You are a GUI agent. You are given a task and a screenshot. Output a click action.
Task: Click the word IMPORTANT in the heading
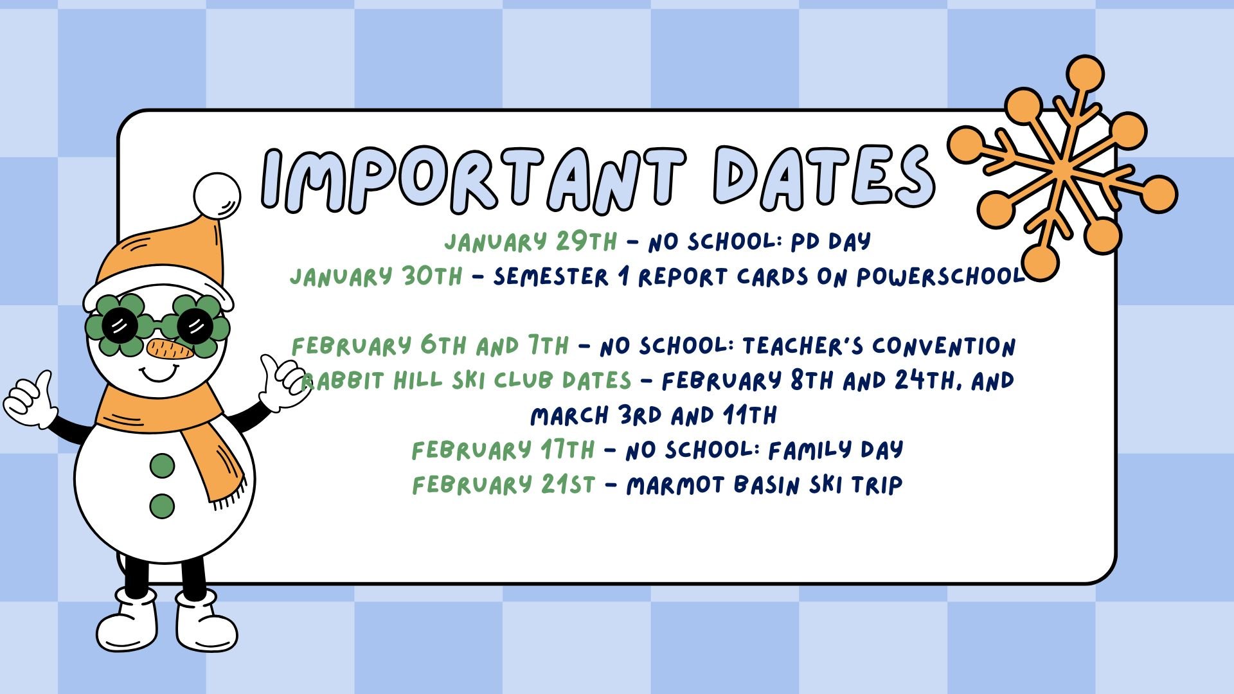[472, 179]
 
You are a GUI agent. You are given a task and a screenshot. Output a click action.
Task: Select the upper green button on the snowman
[162, 465]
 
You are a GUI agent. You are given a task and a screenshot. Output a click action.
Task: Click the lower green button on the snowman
[162, 506]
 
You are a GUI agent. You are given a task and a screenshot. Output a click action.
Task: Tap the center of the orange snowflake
[1061, 168]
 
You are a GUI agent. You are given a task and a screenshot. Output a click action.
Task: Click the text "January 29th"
[531, 242]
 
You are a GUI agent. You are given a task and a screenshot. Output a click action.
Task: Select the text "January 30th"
[376, 276]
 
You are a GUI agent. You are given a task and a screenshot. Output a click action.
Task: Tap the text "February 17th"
[503, 450]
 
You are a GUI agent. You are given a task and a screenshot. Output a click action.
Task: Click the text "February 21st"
[504, 485]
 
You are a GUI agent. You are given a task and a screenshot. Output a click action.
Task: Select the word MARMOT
[676, 485]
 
